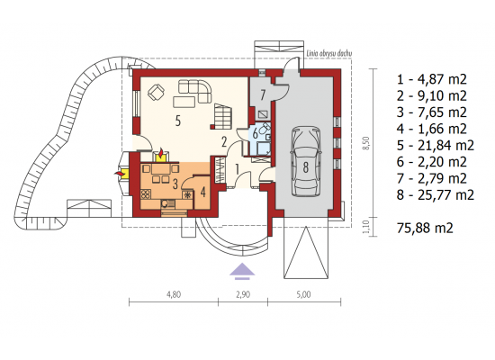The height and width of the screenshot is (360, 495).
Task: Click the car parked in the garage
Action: click(x=306, y=161)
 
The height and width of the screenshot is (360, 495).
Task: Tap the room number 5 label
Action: click(x=178, y=121)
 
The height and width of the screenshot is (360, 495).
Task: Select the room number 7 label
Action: click(x=263, y=95)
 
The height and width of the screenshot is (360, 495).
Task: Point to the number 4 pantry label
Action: click(x=203, y=192)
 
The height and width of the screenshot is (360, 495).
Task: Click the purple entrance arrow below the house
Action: click(x=242, y=271)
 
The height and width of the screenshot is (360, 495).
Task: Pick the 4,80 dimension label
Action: click(x=174, y=294)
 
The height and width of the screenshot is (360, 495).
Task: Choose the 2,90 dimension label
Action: click(x=243, y=294)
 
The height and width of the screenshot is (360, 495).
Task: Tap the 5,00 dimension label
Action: click(x=303, y=294)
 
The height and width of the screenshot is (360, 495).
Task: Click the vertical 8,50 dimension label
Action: click(x=366, y=143)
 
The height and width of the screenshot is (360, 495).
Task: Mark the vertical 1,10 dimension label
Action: click(x=366, y=227)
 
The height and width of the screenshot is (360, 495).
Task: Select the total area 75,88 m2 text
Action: click(x=425, y=228)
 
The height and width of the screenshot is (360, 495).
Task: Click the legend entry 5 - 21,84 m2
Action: click(x=436, y=145)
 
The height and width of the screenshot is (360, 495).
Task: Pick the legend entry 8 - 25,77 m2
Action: click(x=436, y=194)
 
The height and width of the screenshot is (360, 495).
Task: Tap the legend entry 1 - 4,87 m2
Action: click(x=431, y=79)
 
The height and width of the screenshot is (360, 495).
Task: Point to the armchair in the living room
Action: click(x=156, y=92)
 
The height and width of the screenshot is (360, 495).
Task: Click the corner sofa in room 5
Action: click(x=195, y=91)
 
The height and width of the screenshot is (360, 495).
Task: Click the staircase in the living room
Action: click(x=223, y=116)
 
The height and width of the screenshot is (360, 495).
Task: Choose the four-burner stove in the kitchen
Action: click(x=146, y=193)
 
